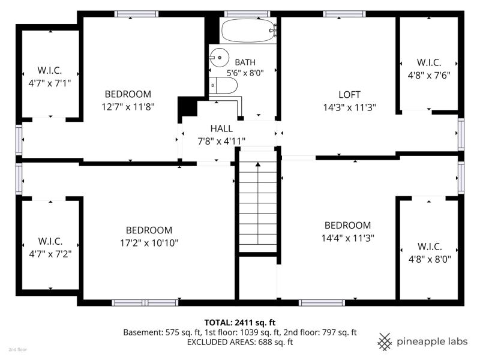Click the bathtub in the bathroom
[248, 31]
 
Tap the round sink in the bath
[220, 57]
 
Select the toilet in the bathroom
[223, 85]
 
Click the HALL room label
[221, 128]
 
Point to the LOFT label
[349, 95]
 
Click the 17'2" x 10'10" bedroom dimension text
[149, 243]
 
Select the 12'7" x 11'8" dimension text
[128, 107]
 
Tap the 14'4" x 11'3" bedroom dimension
[348, 238]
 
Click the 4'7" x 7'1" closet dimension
[50, 83]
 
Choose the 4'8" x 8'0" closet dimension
[430, 260]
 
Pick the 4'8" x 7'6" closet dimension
[429, 76]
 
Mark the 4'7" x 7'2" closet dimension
[50, 254]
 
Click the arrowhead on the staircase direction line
[258, 164]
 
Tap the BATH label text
[245, 62]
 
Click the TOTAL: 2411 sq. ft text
[240, 322]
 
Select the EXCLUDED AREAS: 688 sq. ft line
[240, 342]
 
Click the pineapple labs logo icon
[385, 341]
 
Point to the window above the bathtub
[247, 14]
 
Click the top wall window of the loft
[344, 14]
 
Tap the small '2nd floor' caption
[17, 349]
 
